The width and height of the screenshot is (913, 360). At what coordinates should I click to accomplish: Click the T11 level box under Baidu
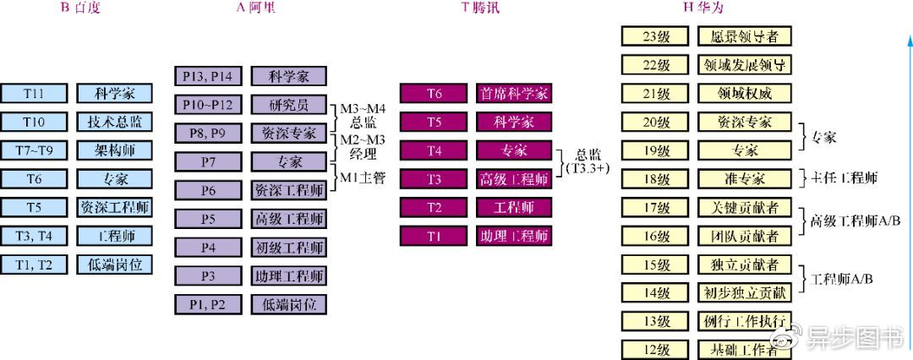pyautogui.click(x=34, y=93)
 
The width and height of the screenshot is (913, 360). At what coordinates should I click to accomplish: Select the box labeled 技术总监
pyautogui.click(x=115, y=122)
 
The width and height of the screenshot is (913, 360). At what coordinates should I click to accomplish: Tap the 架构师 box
pyautogui.click(x=115, y=150)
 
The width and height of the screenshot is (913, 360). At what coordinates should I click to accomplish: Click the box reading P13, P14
pyautogui.click(x=208, y=76)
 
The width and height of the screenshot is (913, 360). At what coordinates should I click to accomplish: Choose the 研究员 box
pyautogui.click(x=289, y=105)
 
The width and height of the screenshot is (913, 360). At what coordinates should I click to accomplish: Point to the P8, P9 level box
pyautogui.click(x=208, y=134)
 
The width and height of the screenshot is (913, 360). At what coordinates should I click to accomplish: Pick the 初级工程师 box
pyautogui.click(x=289, y=248)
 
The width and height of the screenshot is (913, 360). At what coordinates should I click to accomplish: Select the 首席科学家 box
pyautogui.click(x=514, y=93)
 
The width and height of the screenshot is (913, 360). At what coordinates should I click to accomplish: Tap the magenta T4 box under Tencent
pyautogui.click(x=434, y=150)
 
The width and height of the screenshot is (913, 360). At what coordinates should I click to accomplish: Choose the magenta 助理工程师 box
pyautogui.click(x=514, y=236)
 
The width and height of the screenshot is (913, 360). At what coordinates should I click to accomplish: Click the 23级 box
pyautogui.click(x=656, y=36)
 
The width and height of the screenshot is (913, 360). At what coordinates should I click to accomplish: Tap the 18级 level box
pyautogui.click(x=656, y=179)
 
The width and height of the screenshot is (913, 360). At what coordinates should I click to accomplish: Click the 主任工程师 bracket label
pyautogui.click(x=845, y=178)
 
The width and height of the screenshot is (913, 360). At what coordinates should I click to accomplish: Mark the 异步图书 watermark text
pyautogui.click(x=856, y=340)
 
